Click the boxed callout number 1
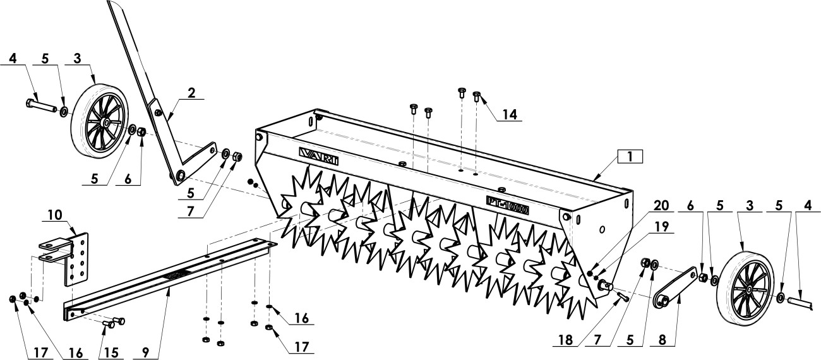point(630,157)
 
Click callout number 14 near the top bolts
point(510,114)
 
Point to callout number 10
point(55,215)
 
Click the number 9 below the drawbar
point(145,352)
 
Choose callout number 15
point(111,352)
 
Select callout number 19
point(662,226)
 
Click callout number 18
point(565,340)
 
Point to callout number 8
point(662,340)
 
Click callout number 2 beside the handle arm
point(191,93)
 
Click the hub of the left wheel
point(105,122)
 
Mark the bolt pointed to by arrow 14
point(476,97)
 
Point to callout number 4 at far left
point(13,58)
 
